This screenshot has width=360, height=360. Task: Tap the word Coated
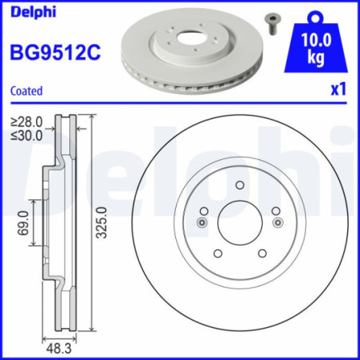click(x=26, y=91)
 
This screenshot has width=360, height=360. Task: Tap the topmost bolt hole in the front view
click(x=239, y=185)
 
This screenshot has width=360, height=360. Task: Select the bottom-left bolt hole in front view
click(x=217, y=252)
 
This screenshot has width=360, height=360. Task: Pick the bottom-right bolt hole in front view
click(x=261, y=252)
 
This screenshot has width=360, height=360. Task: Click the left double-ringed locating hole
click(x=202, y=222)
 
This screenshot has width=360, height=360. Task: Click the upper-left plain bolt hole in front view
click(x=204, y=210)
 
